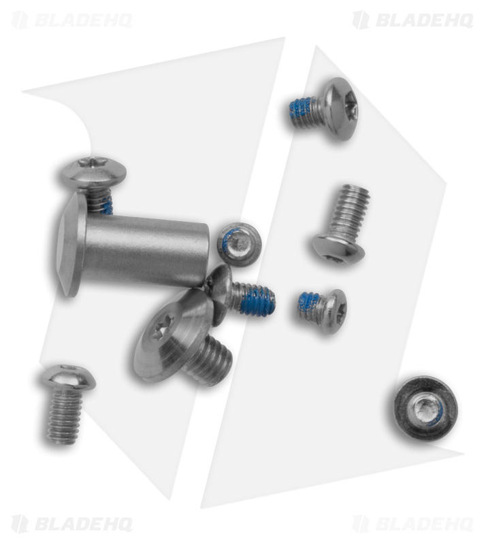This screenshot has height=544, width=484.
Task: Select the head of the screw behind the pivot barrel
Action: pos(94,173)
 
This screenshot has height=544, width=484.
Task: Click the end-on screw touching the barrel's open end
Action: pos(239,245)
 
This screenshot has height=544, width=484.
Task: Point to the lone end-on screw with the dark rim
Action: pos(425,407)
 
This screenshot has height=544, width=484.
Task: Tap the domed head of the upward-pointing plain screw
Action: pos(338,248)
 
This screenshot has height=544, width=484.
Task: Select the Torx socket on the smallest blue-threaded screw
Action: pos(341,310)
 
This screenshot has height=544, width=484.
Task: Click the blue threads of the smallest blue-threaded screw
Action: pos(310,303)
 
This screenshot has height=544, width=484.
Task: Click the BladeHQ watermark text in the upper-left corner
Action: pos(83,20)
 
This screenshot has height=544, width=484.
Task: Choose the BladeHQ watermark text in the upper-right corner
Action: pos(424,20)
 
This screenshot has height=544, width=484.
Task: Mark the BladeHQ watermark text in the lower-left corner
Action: pos(83,524)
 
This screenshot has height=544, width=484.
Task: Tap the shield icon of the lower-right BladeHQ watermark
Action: pos(361,524)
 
